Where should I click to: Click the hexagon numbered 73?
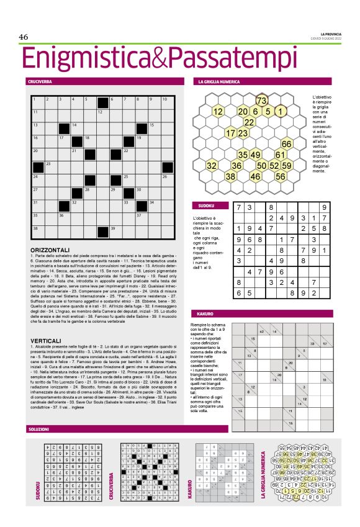tap(261, 101)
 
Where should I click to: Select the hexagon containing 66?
tap(287, 144)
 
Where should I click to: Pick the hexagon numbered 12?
tap(218, 112)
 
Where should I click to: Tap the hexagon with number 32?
tap(212, 166)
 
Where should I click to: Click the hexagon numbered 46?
tap(255, 176)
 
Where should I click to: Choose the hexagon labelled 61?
tap(281, 155)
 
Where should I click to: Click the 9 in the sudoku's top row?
tap(323, 207)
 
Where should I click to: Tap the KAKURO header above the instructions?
tap(205, 314)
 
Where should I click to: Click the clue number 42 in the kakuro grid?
tap(261, 331)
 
